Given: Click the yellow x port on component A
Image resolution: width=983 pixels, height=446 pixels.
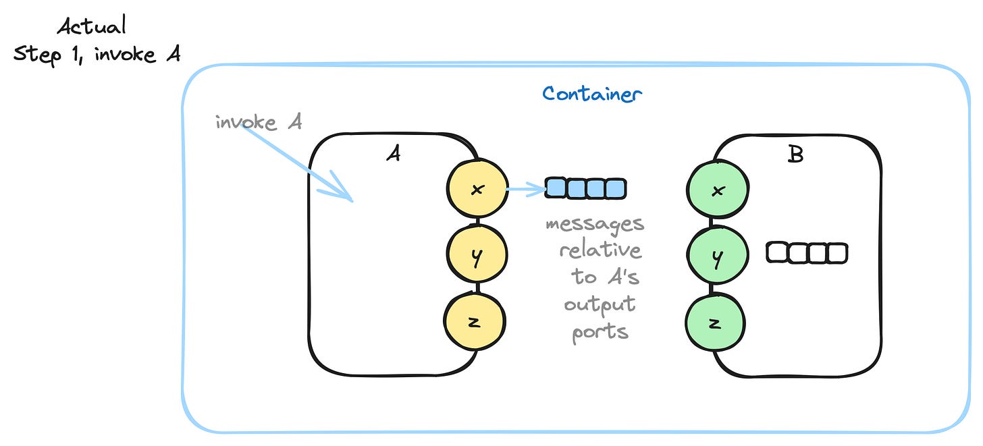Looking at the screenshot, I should pos(477,190).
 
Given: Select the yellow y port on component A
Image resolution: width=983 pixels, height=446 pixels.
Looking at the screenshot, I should pos(477,256).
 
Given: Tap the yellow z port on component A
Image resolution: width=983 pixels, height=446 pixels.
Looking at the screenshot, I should pos(475,322).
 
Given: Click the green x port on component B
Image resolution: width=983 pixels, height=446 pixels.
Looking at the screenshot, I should pos(717,190).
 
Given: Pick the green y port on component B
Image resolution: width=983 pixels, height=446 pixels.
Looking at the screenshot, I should pos(717,257).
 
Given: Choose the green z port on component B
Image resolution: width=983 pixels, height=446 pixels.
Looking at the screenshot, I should pos(716,323).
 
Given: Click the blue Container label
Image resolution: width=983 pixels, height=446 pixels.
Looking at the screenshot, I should pos(591,93).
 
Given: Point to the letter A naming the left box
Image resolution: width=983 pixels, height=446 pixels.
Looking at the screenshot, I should pos(393,155).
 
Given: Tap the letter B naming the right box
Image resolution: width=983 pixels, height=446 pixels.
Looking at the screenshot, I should pos(795,155).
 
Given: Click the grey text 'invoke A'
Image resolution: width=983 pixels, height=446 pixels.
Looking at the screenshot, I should pos(258,123).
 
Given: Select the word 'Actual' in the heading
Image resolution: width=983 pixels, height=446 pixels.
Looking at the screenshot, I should pos(91,27).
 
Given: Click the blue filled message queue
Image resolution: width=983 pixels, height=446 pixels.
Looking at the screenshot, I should pos(585,188).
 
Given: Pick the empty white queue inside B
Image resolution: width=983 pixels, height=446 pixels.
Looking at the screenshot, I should pos(807,253).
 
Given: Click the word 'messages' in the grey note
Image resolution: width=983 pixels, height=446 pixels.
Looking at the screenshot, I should pos(595,223).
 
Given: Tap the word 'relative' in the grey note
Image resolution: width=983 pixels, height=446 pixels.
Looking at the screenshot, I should pos(600,250).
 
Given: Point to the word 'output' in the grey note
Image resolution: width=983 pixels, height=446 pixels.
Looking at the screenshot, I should pos(600,305).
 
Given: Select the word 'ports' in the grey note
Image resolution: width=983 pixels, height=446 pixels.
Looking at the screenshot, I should pos(600,332).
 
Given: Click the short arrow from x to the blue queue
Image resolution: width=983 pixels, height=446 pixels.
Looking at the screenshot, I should pos(525,189).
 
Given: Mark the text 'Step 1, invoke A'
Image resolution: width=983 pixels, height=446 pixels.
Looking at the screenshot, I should pos(97,53).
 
